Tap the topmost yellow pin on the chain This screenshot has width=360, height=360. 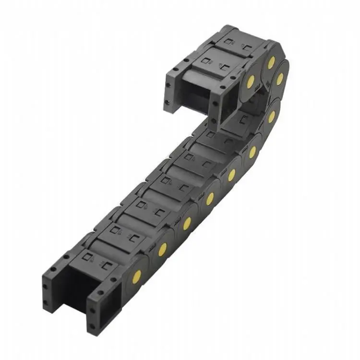[x=271, y=62]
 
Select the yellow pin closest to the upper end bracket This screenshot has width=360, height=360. [x=250, y=81]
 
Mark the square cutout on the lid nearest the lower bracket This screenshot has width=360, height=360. [x=88, y=255]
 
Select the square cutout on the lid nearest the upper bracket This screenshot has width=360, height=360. [x=205, y=60]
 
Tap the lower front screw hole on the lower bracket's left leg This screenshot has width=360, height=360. [x=46, y=302]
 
